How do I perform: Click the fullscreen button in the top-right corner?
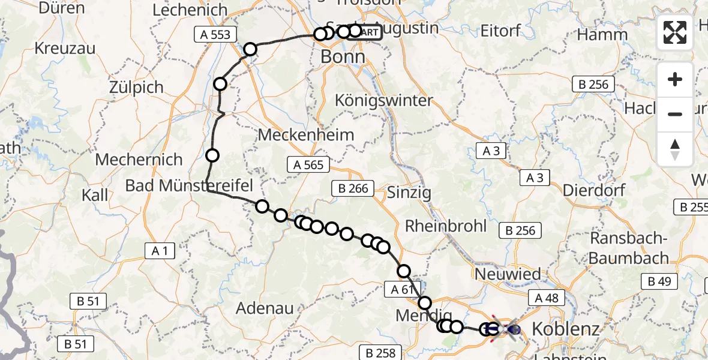pyautogui.click(x=675, y=32)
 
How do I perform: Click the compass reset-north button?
pyautogui.click(x=675, y=149)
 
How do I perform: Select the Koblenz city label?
pyautogui.click(x=565, y=329)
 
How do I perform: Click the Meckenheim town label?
pyautogui.click(x=306, y=135)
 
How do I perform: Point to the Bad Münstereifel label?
pyautogui.click(x=189, y=185)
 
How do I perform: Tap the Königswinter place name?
pyautogui.click(x=383, y=100)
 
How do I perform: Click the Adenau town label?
pyautogui.click(x=265, y=308)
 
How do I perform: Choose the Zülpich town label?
pyautogui.click(x=136, y=87)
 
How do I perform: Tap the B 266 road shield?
pyautogui.click(x=353, y=188)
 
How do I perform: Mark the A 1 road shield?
pyautogui.click(x=159, y=251)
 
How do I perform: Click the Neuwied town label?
pyautogui.click(x=507, y=275)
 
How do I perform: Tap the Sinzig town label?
pyautogui.click(x=409, y=193)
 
